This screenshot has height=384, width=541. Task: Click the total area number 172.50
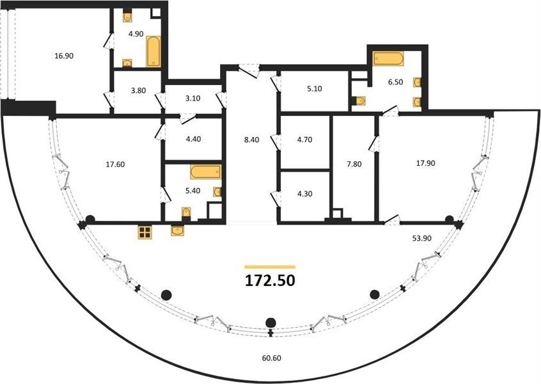[x=270, y=280]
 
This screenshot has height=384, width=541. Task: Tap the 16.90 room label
[x=64, y=56]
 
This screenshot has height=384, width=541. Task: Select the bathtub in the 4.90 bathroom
[x=153, y=51]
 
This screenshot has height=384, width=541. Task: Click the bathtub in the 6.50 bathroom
[x=388, y=58]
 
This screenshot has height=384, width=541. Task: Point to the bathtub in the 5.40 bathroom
[x=206, y=172]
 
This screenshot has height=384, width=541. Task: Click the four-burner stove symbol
[x=145, y=232]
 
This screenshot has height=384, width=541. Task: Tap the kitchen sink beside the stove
[x=177, y=230]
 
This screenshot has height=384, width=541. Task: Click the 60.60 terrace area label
[x=272, y=358]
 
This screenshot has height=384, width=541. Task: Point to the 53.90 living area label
[x=422, y=238]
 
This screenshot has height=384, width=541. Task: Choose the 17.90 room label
[x=425, y=163]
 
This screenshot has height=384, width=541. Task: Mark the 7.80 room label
[x=354, y=164]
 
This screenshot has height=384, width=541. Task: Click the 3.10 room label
[x=193, y=99]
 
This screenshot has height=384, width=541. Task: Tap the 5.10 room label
[x=315, y=89]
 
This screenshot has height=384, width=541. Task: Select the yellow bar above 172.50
[x=270, y=267]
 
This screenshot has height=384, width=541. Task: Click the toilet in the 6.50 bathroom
[x=359, y=101]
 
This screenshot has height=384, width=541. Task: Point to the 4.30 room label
[x=304, y=194]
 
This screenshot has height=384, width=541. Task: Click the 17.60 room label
[x=115, y=164]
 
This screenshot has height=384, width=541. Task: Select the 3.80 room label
[x=138, y=91]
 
